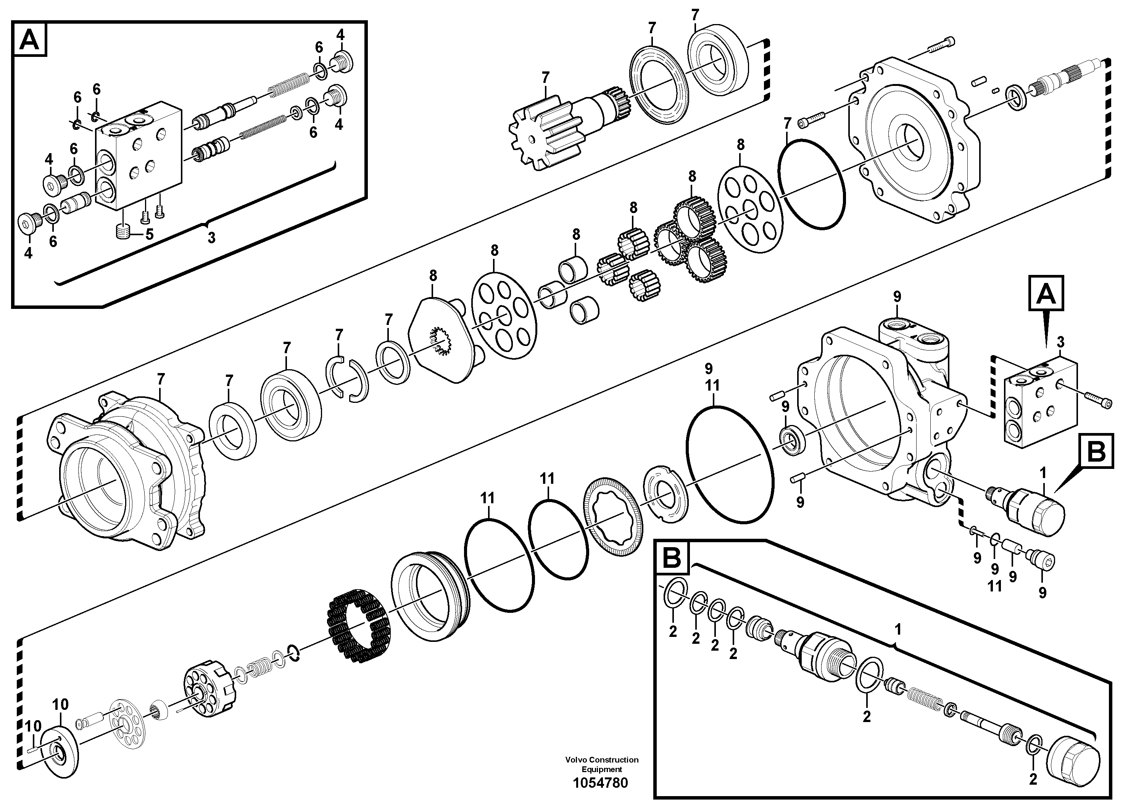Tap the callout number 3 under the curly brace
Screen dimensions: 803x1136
[211, 238]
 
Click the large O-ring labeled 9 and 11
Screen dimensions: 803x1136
[730, 464]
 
